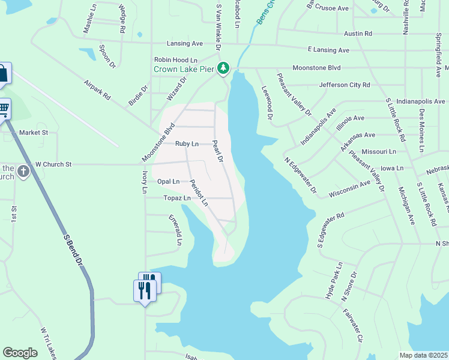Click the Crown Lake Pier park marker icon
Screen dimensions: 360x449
pyautogui.click(x=223, y=69)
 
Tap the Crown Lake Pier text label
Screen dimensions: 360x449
pyautogui.click(x=184, y=70)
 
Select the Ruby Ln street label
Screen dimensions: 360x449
pyautogui.click(x=187, y=144)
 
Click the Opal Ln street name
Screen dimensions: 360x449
pyautogui.click(x=168, y=181)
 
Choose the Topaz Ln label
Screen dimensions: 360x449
pyautogui.click(x=177, y=198)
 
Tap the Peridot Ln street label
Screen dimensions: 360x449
pyautogui.click(x=199, y=193)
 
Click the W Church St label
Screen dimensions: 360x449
pyautogui.click(x=53, y=164)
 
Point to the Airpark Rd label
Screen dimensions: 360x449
pyautogui.click(x=98, y=90)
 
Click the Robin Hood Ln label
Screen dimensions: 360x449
pyautogui.click(x=176, y=60)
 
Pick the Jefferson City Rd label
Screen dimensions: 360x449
pyautogui.click(x=345, y=85)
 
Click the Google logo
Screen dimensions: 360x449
pyautogui.click(x=20, y=353)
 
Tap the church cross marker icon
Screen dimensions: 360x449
pyautogui.click(x=23, y=172)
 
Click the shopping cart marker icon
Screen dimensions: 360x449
pyautogui.click(x=4, y=109)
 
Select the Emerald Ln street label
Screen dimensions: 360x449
pyautogui.click(x=175, y=232)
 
